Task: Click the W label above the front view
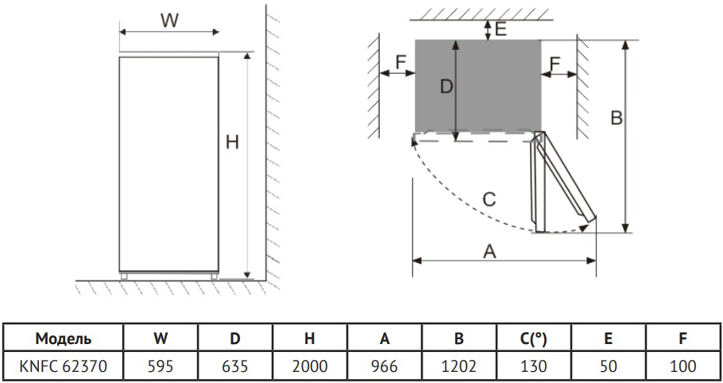pos(169,21)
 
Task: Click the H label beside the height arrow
pos(232,142)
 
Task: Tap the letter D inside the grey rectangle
pos(447,87)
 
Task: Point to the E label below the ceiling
pos(501,29)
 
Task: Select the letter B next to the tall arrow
pos(617,118)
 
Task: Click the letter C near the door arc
pos(489,199)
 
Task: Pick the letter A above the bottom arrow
pos(489,252)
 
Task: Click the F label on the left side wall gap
pos(400,62)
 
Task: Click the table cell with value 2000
pos(310,366)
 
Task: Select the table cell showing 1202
pos(458,366)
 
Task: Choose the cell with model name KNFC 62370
pos(64,366)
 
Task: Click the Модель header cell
pos(64,339)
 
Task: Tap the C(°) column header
pos(533,339)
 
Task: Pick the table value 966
pos(384,366)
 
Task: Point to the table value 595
pos(160,366)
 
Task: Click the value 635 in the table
pos(234,366)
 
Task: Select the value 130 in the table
pos(533,366)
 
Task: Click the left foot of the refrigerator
pos(124,277)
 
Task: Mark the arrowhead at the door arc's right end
pos(584,227)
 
